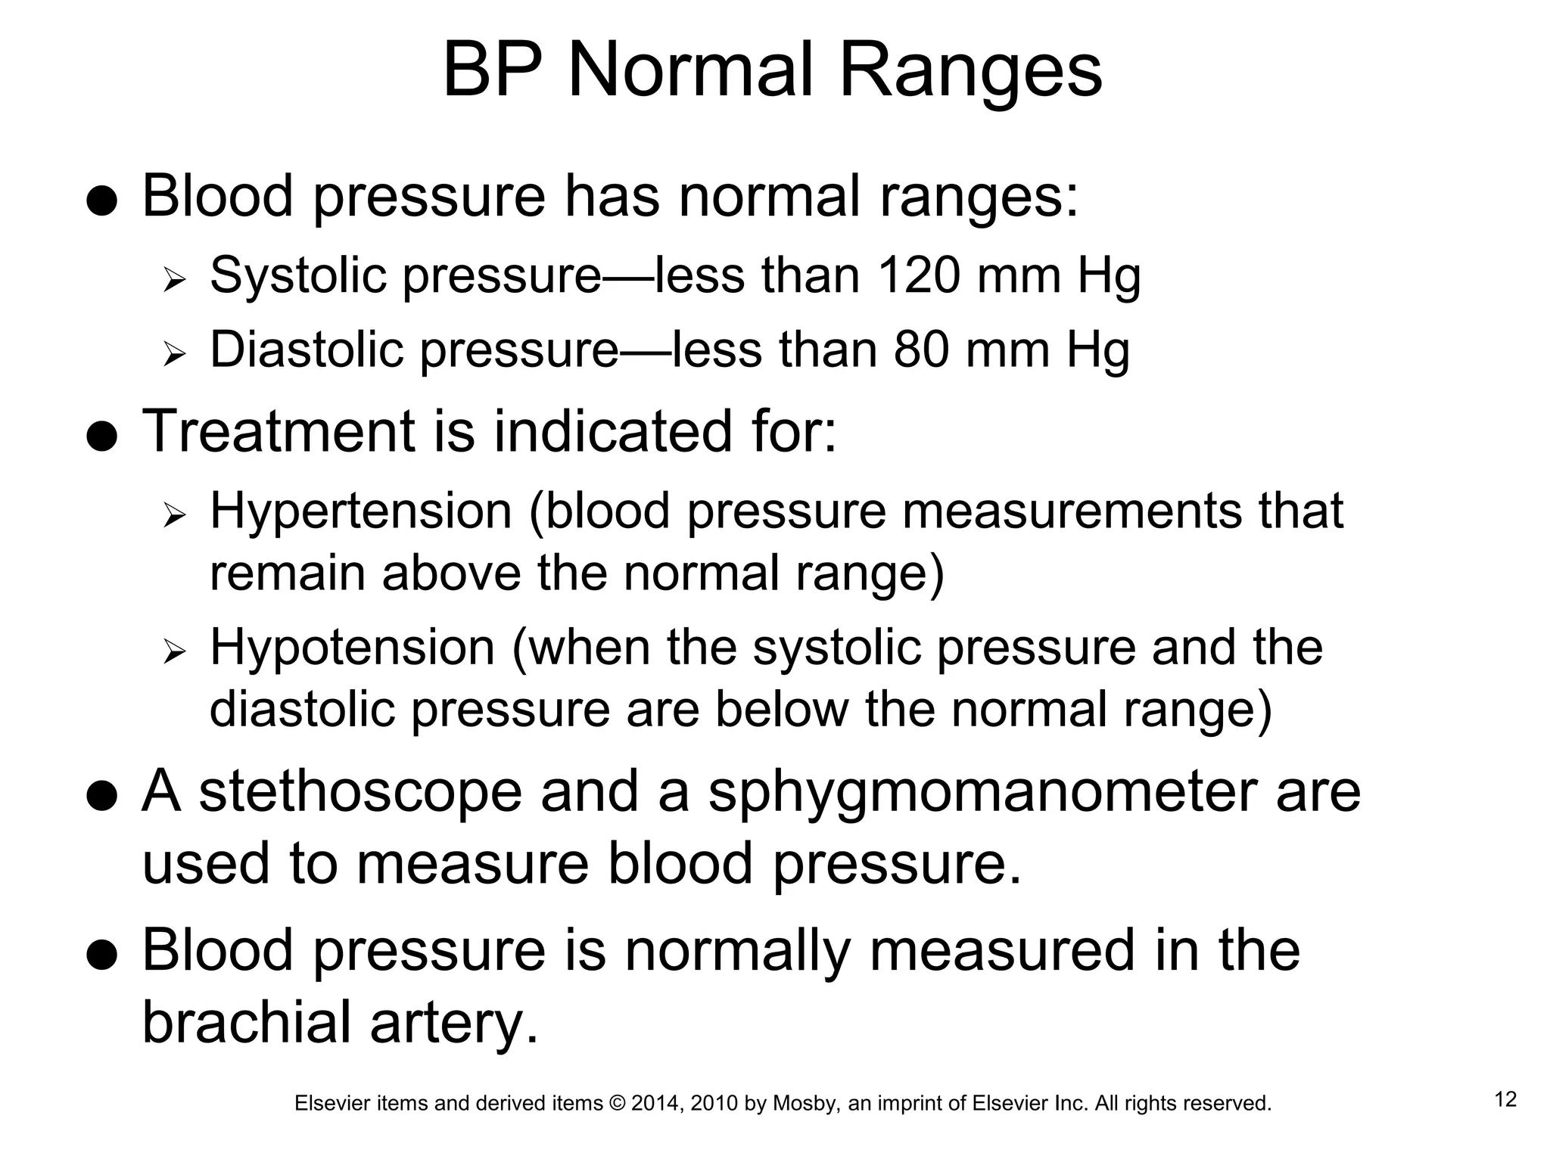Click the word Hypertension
click(x=361, y=511)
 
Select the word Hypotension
click(x=352, y=648)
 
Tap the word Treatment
click(x=279, y=431)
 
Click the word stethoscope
click(x=360, y=792)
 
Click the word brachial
click(x=247, y=1022)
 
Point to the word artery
click(x=453, y=1022)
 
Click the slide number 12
click(x=1506, y=1099)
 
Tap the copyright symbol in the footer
click(x=617, y=1104)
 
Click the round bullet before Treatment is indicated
click(x=101, y=436)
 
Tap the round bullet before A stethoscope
click(x=101, y=796)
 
